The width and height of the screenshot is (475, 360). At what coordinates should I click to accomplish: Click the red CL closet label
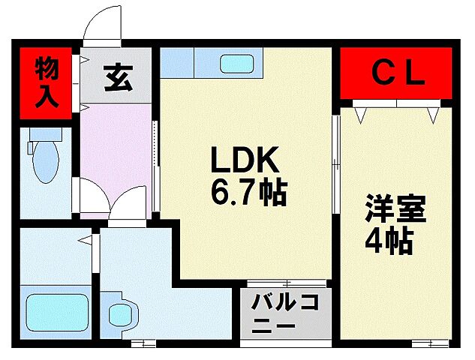click(398, 73)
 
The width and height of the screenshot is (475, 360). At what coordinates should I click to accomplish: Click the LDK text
click(245, 161)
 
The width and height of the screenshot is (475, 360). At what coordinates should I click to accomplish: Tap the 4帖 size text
click(390, 242)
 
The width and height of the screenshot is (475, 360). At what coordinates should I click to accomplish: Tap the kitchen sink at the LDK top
click(237, 63)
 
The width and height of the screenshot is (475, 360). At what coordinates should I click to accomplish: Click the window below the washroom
click(143, 342)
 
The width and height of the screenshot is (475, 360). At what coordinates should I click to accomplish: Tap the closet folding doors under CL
click(398, 109)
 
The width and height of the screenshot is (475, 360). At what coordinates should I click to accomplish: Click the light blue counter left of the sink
click(177, 63)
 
